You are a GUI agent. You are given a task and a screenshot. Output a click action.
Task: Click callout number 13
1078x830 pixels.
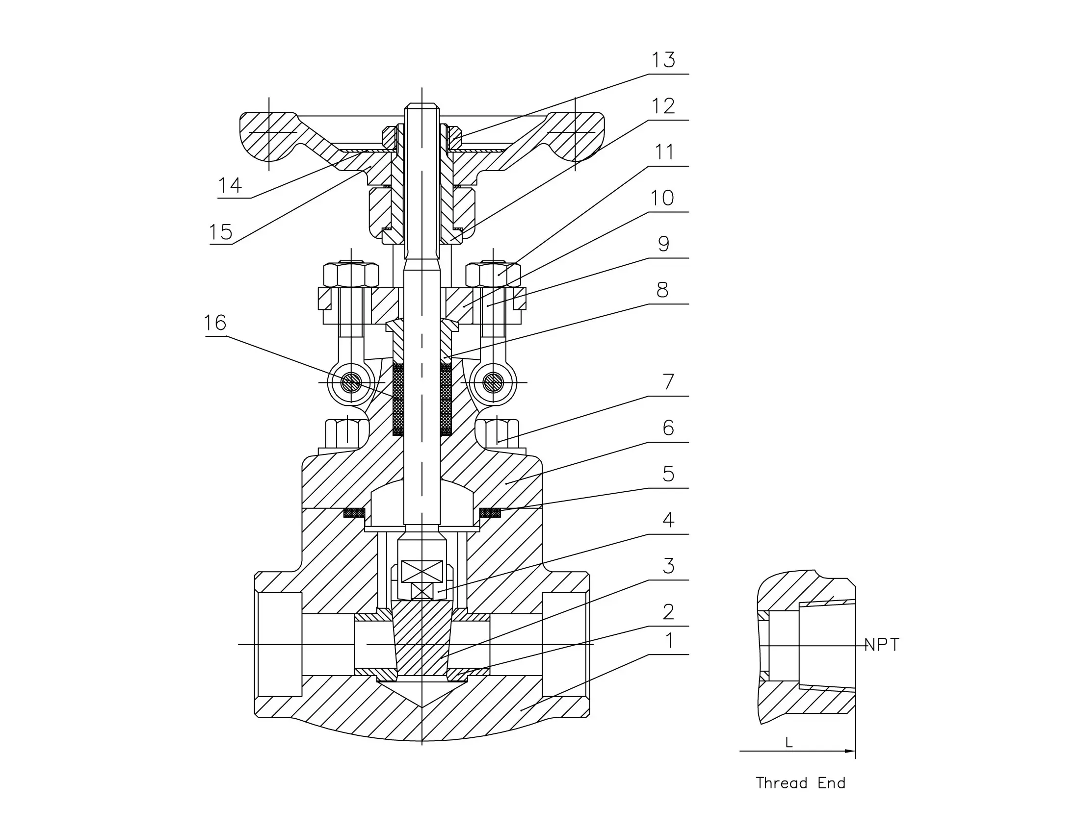pyautogui.click(x=663, y=60)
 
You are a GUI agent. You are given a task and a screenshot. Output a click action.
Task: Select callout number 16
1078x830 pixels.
pyautogui.click(x=215, y=323)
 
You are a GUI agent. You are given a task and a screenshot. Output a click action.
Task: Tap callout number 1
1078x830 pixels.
pyautogui.click(x=669, y=641)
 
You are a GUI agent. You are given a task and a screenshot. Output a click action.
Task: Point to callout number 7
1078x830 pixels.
pyautogui.click(x=668, y=382)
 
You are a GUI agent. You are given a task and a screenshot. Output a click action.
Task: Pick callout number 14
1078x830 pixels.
pyautogui.click(x=230, y=185)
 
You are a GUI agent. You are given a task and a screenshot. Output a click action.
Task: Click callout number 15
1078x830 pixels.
pyautogui.click(x=221, y=232)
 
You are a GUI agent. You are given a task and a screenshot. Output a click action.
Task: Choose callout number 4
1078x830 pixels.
pyautogui.click(x=668, y=519)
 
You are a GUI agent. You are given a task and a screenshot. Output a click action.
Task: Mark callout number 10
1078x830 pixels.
pyautogui.click(x=662, y=198)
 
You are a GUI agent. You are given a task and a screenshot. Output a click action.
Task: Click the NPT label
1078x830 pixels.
pyautogui.click(x=882, y=645)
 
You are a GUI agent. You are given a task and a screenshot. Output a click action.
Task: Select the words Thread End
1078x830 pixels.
pyautogui.click(x=801, y=782)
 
